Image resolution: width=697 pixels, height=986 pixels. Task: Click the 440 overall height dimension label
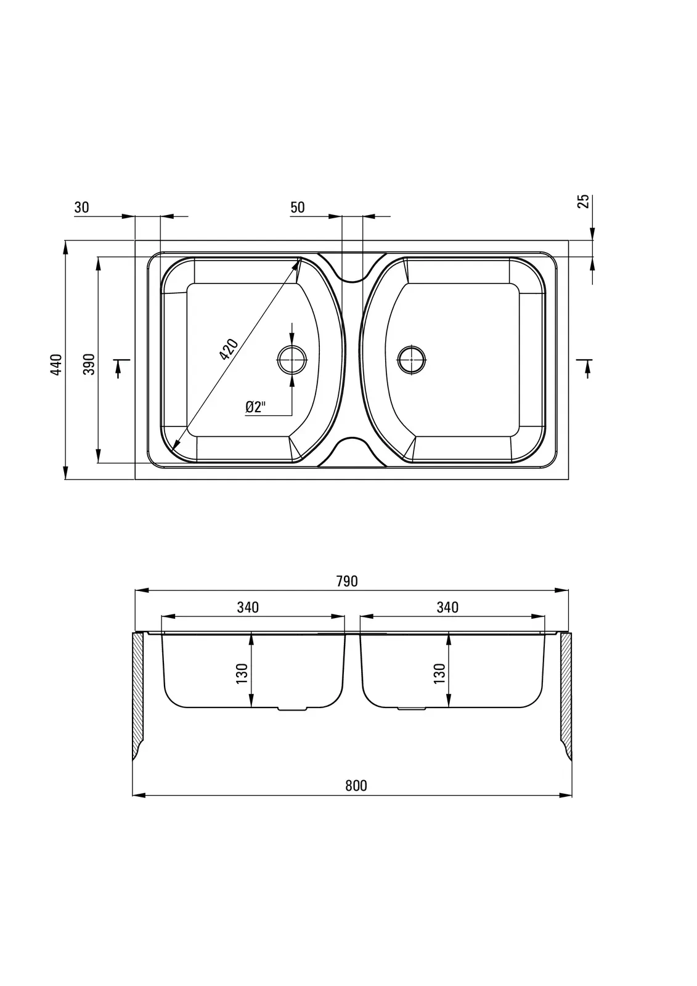tap(56, 364)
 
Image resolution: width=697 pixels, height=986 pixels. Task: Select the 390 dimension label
tap(89, 364)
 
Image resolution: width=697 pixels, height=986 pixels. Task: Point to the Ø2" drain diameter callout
tap(256, 407)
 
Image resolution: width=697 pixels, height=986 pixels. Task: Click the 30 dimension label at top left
tap(81, 207)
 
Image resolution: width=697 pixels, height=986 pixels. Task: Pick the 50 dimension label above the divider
tap(298, 207)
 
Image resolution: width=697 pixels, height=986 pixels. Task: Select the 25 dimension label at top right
tap(583, 202)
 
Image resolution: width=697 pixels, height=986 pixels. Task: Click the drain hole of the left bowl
tap(292, 360)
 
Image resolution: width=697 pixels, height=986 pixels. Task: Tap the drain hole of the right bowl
tap(412, 360)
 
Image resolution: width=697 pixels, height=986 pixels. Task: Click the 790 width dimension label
tap(347, 582)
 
